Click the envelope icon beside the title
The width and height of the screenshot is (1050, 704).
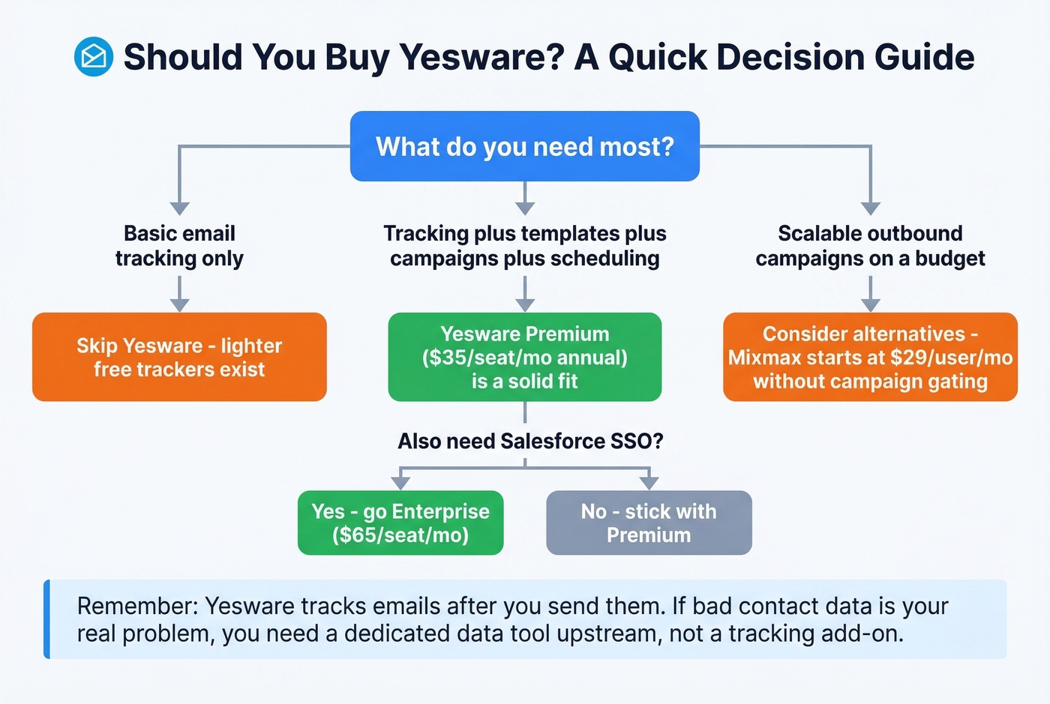coord(94,57)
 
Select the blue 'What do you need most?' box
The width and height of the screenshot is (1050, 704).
coord(524,146)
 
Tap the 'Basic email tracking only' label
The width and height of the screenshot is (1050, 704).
coord(179,245)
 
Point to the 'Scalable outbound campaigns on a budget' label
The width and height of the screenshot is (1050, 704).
coord(870,245)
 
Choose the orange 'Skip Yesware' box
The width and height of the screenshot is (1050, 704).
coord(179,357)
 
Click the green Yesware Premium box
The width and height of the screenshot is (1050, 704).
coord(524,357)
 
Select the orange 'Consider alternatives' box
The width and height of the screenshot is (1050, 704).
coord(870,357)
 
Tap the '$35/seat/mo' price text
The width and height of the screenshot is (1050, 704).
coord(487,358)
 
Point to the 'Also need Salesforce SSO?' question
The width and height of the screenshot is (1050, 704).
coord(530,441)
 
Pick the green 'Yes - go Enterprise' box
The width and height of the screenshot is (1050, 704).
coord(400,523)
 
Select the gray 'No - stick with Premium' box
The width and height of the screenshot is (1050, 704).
coord(649,523)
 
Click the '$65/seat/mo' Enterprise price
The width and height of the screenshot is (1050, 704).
coord(400,535)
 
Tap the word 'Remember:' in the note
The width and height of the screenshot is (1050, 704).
coord(137,606)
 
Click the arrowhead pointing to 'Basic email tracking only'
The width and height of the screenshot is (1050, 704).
coord(179,208)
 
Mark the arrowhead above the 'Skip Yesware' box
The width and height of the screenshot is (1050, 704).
coord(179,304)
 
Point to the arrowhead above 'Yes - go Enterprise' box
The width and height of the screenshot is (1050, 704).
coord(400,482)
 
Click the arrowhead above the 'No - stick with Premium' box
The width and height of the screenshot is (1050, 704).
coord(649,482)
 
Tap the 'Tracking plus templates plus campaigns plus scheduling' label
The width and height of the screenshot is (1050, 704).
coord(524,245)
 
